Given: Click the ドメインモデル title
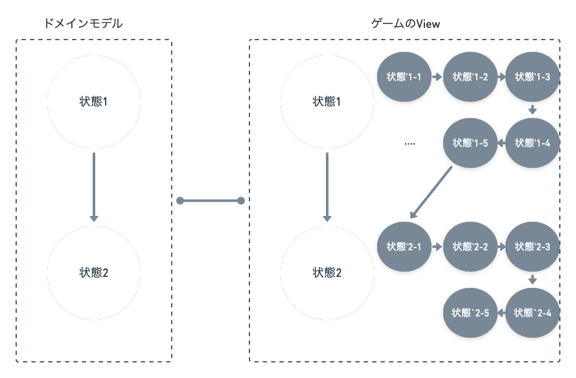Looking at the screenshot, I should click(82, 23).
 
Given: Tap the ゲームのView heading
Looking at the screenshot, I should click(406, 23).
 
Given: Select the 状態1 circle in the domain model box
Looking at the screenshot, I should click(94, 102).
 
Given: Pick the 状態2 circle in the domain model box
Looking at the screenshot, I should click(94, 273).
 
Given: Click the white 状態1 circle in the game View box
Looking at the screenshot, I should click(327, 102).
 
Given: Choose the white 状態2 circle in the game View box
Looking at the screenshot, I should click(327, 273).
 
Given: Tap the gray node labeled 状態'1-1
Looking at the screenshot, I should click(404, 77).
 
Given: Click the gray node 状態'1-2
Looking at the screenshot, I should click(470, 77).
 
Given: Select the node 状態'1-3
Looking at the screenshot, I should click(533, 77).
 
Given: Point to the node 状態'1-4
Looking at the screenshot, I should click(533, 143).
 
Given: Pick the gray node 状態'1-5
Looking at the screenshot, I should click(470, 143).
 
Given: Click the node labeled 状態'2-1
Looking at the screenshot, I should click(404, 247).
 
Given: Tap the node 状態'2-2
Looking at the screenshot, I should click(470, 247).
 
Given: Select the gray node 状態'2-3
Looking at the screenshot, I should click(533, 247).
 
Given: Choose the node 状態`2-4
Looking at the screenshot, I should click(533, 313).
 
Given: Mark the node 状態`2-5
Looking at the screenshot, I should click(470, 313).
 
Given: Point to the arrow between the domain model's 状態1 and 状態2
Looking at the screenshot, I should click(94, 187).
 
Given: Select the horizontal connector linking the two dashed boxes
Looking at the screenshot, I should click(211, 201).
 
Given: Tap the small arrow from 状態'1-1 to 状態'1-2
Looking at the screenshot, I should click(437, 77).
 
